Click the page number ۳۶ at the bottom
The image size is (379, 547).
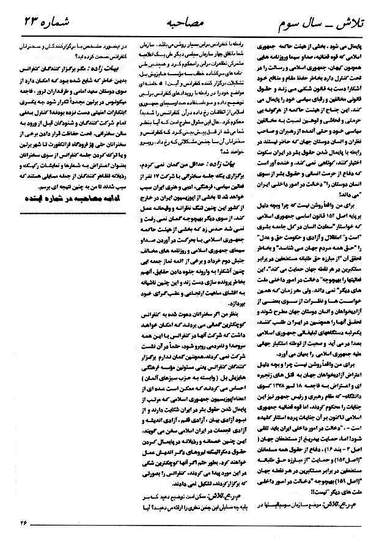23,523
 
